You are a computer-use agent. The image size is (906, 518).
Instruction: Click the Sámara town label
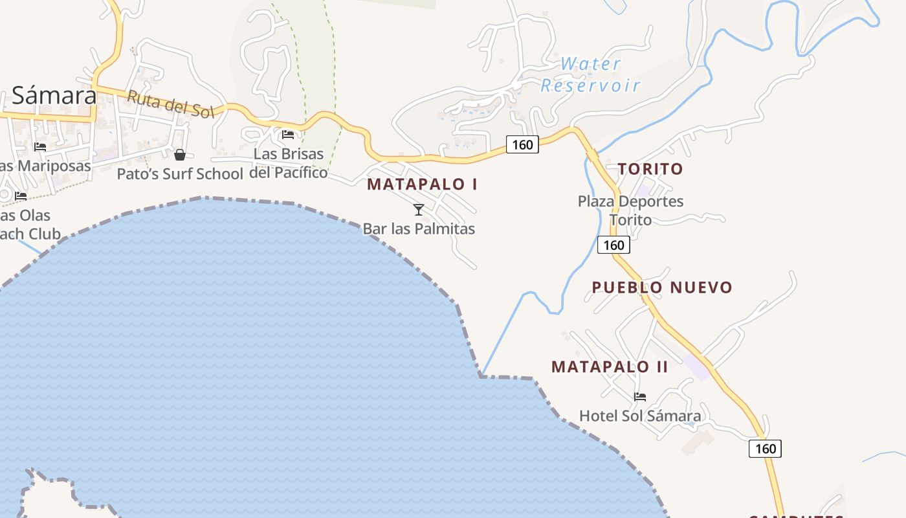pyautogui.click(x=54, y=96)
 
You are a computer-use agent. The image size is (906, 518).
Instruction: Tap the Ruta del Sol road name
pyautogui.click(x=170, y=104)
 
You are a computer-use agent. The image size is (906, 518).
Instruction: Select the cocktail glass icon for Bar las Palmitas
pyautogui.click(x=419, y=210)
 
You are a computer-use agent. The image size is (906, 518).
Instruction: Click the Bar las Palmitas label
pyautogui.click(x=419, y=229)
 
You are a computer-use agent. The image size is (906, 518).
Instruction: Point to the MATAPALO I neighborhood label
pyautogui.click(x=422, y=184)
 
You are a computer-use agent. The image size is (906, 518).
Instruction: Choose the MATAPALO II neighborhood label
pyautogui.click(x=609, y=366)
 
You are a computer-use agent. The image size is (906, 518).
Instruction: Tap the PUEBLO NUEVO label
pyautogui.click(x=661, y=287)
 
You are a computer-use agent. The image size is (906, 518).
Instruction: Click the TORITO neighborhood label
pyautogui.click(x=650, y=169)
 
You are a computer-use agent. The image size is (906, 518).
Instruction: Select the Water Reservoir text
pyautogui.click(x=590, y=74)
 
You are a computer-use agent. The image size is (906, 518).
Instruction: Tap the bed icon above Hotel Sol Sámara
pyautogui.click(x=640, y=397)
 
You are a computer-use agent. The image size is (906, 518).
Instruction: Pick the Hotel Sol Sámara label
pyautogui.click(x=639, y=416)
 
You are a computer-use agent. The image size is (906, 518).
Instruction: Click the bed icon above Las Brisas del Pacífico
pyautogui.click(x=288, y=135)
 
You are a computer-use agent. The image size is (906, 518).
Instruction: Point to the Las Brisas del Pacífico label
pyautogui.click(x=289, y=163)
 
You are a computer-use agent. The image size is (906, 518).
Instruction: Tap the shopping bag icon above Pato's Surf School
pyautogui.click(x=180, y=155)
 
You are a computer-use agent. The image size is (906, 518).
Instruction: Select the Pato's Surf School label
pyautogui.click(x=179, y=174)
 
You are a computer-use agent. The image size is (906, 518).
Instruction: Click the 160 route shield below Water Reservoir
pyautogui.click(x=522, y=144)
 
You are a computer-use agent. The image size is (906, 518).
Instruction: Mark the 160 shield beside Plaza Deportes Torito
pyautogui.click(x=613, y=245)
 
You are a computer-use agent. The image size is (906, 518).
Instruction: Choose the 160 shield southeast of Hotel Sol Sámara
pyautogui.click(x=765, y=448)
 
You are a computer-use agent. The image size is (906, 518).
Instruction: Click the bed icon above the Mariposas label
pyautogui.click(x=40, y=147)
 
